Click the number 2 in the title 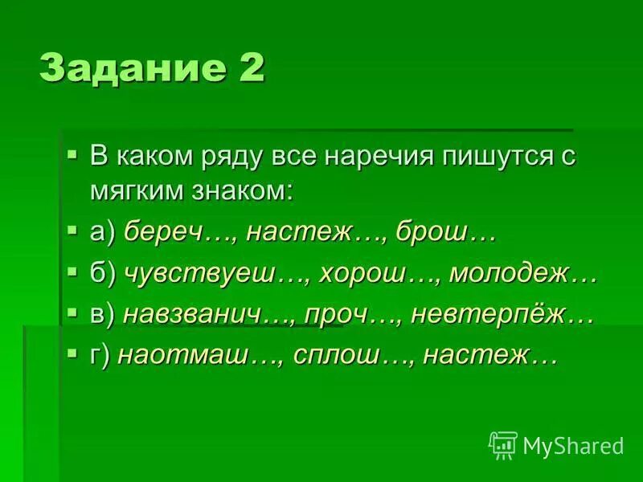(248, 67)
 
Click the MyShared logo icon (503, 444)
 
